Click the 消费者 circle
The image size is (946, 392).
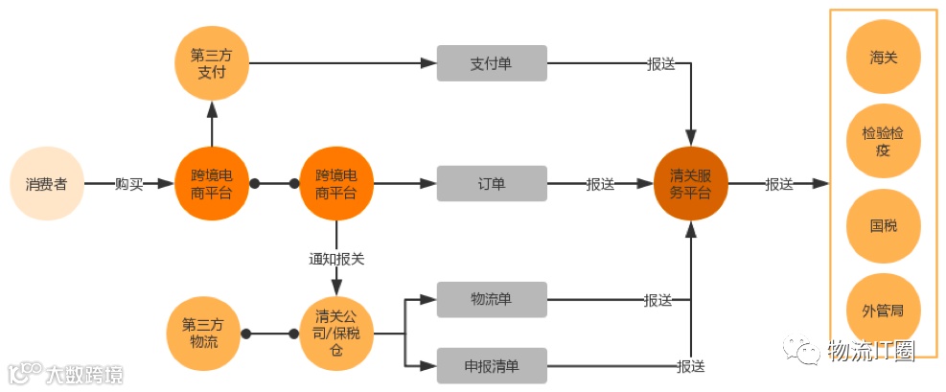tap(46, 183)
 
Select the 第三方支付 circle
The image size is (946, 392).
tap(212, 63)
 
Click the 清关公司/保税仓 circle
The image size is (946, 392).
tap(336, 333)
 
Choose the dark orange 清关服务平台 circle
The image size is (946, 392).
tap(690, 183)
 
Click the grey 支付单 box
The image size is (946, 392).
tap(492, 63)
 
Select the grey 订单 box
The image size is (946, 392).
tap(492, 183)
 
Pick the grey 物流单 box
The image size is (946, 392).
tap(492, 299)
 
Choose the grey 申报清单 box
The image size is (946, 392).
tap(492, 365)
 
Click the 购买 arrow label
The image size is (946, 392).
tap(128, 184)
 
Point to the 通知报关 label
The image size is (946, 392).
tap(336, 259)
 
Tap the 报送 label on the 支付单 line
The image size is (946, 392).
tap(661, 64)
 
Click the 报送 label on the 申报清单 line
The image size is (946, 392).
tap(690, 366)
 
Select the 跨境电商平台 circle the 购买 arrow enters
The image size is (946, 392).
tap(212, 183)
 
